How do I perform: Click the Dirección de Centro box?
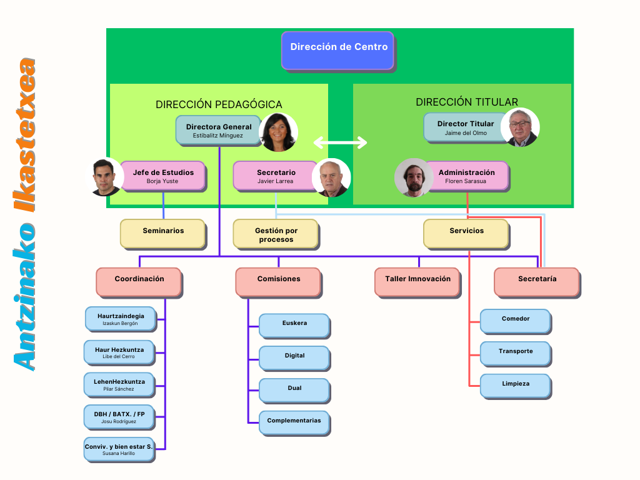pos(337,50)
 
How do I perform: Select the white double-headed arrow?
pos(340,142)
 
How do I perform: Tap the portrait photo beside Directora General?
pos(278,132)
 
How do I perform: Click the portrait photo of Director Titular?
pos(520,128)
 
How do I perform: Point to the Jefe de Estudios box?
pos(163,176)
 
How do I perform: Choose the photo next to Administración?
pos(414,177)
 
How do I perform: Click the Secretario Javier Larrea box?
pos(276,176)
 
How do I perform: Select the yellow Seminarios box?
pos(162,233)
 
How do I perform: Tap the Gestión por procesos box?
pos(276,234)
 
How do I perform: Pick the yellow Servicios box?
pos(466,233)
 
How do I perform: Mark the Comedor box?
pos(515,321)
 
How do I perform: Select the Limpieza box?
pos(515,386)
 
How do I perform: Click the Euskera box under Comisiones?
pos(294,326)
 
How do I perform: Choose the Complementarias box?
pos(294,422)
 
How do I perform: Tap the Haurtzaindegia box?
pos(120,319)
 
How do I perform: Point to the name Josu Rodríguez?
pos(119,422)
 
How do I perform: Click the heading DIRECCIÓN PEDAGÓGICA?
pos(219,104)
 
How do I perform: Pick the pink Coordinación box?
pos(139,281)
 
